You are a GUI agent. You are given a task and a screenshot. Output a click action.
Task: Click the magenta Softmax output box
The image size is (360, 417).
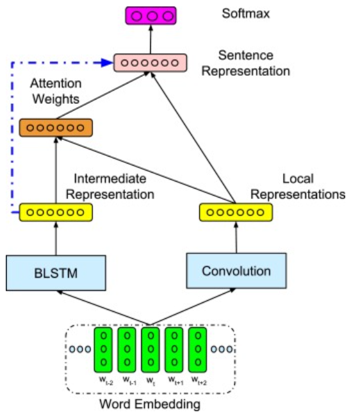point(151,14)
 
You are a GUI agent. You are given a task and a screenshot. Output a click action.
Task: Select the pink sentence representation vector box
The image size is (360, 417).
point(150,63)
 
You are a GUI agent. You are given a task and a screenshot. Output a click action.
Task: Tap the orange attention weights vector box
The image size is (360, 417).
point(56,127)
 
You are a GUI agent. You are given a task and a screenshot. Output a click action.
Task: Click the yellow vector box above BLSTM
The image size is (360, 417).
point(56,211)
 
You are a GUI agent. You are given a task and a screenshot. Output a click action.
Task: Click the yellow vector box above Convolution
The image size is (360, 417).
point(236,211)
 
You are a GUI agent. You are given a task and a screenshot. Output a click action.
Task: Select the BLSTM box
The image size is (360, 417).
point(56,271)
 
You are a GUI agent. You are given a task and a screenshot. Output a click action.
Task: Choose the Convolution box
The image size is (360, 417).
point(236,270)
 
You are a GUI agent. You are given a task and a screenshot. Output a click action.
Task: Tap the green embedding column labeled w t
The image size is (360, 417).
point(150,350)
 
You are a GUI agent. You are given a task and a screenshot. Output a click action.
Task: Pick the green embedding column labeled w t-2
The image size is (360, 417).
point(104,350)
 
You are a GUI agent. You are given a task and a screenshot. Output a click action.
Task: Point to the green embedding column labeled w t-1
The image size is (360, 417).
point(127,350)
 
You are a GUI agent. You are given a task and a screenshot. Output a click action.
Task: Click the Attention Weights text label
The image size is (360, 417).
point(55,92)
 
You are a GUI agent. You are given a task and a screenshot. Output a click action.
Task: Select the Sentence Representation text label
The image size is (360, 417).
point(245,63)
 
